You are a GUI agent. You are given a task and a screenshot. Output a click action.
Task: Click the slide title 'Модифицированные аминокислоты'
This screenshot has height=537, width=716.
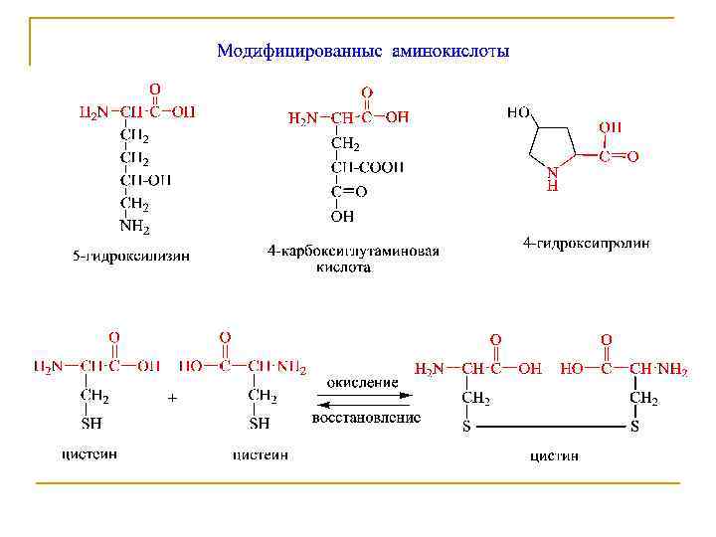362,51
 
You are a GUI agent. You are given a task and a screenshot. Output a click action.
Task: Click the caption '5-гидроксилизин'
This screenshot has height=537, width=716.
131,257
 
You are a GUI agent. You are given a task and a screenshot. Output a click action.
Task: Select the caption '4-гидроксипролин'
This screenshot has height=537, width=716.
587,242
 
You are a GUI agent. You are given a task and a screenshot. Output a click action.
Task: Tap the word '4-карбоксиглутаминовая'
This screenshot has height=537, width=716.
352,252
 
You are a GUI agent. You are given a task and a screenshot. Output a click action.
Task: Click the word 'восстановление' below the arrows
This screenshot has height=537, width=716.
366,419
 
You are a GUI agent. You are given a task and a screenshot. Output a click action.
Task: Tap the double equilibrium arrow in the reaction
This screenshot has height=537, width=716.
365,400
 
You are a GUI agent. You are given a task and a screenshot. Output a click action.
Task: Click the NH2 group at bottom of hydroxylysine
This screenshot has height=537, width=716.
134,229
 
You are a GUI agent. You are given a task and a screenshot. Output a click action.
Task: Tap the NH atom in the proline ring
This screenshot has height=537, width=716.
554,177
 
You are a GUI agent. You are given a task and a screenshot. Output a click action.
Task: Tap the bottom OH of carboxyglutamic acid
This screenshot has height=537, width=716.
342,215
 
